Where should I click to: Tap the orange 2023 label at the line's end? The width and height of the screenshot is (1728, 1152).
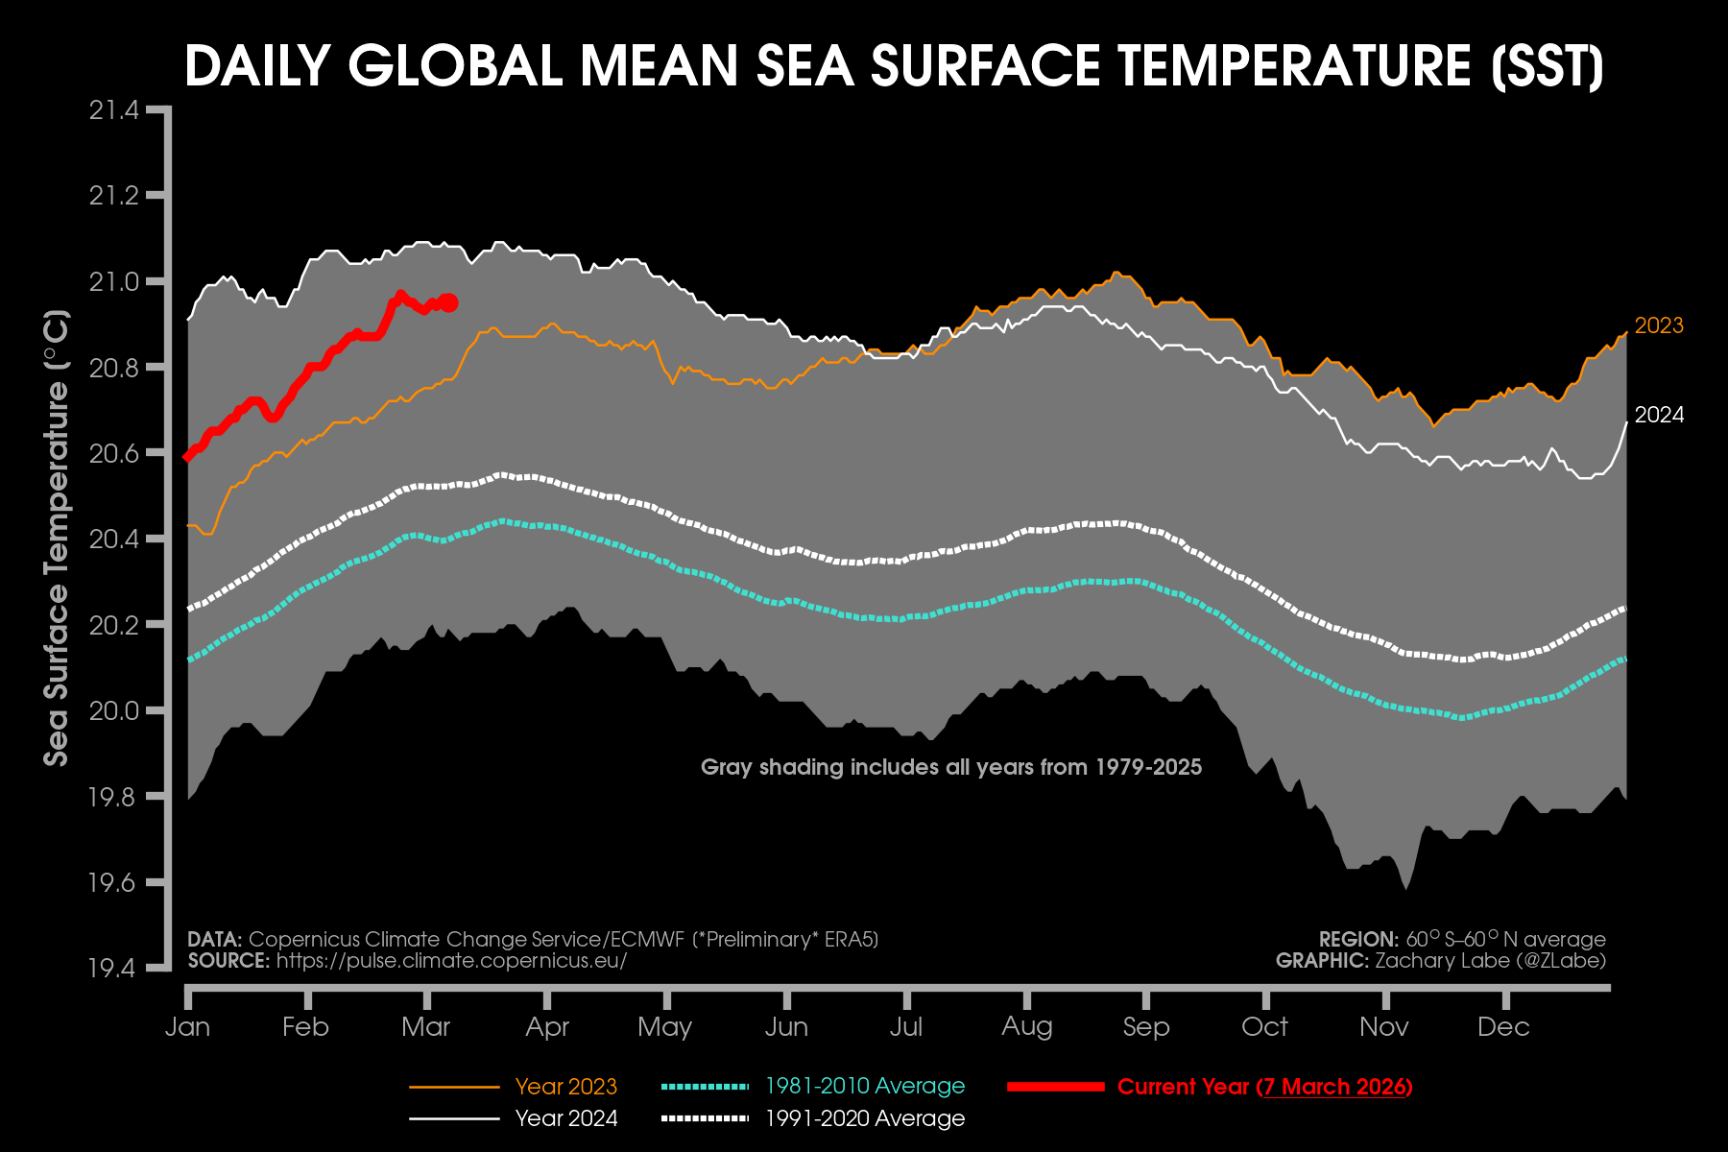(1659, 326)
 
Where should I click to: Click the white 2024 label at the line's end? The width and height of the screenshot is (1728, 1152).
(1659, 416)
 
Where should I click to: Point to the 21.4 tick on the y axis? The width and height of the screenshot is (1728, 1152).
(114, 110)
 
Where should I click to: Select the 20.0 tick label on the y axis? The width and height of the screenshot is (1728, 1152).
(114, 711)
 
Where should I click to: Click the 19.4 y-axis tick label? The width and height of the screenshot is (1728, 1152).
(114, 968)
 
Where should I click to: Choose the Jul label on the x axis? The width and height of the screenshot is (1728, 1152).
(906, 1027)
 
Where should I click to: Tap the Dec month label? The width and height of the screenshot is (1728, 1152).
(1503, 1027)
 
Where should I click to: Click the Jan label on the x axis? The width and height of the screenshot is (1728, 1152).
(187, 1027)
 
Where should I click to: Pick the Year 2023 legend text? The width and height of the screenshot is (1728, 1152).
(565, 1087)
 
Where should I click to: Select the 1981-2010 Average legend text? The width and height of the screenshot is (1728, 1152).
(865, 1086)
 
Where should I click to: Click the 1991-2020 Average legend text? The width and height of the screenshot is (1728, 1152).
(865, 1118)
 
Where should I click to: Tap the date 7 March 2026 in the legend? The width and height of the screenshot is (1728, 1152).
(1335, 1087)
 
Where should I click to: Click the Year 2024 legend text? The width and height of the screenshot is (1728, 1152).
(565, 1118)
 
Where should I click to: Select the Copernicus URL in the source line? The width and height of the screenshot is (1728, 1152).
(451, 961)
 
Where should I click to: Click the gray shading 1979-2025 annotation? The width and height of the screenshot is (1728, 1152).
(950, 767)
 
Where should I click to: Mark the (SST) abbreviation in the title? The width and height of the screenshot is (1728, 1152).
(1548, 66)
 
